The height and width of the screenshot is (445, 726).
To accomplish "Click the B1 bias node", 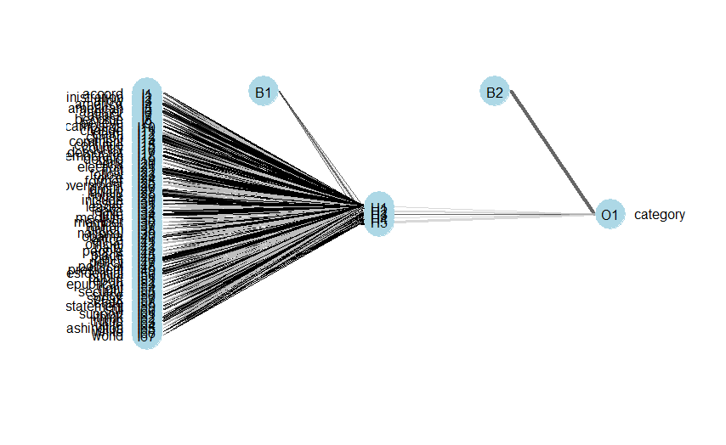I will click(x=263, y=91).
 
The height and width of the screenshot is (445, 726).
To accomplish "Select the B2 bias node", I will click(x=494, y=92).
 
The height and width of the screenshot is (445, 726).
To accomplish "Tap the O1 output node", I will click(x=609, y=215).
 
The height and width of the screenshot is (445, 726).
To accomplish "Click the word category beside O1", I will click(x=660, y=215).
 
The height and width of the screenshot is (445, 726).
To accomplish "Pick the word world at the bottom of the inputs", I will click(x=108, y=336).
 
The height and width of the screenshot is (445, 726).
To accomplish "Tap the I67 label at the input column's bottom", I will click(x=147, y=337).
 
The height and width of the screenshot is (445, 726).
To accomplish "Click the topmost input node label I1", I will click(x=147, y=93).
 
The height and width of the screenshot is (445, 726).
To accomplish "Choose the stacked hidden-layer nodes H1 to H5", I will click(x=378, y=215).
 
